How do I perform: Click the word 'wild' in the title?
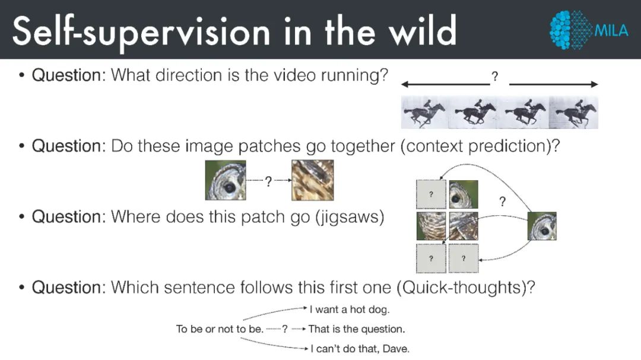tap(423, 30)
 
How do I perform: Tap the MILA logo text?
tap(611, 31)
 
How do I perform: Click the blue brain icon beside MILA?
tap(571, 30)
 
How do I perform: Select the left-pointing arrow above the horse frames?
tap(446, 85)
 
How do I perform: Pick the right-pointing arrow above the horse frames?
tap(554, 85)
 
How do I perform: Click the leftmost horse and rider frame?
tap(425, 112)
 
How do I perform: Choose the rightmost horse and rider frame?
tap(573, 112)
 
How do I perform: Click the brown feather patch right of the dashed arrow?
tap(313, 180)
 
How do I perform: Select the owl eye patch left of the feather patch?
tap(226, 180)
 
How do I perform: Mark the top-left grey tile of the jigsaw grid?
tap(431, 195)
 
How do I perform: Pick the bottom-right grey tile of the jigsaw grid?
tap(464, 258)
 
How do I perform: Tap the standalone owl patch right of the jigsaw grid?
tap(542, 226)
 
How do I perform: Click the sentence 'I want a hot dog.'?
tap(350, 310)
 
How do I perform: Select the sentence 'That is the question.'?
tap(357, 329)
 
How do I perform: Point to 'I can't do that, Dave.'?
tap(360, 349)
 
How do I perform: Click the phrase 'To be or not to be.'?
tap(220, 329)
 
